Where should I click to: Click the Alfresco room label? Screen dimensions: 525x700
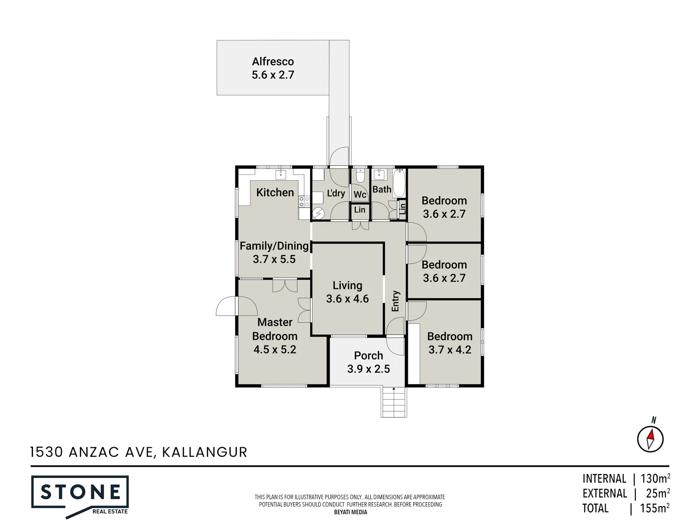click(273, 62)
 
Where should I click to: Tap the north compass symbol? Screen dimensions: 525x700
click(650, 438)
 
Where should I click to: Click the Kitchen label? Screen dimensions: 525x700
click(275, 192)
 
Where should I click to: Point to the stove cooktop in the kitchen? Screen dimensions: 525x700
click(304, 201)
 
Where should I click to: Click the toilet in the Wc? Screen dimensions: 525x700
click(360, 175)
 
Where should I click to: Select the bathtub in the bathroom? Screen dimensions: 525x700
click(399, 183)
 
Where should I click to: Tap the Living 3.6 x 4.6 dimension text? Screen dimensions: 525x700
click(347, 299)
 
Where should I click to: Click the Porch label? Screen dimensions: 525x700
click(368, 355)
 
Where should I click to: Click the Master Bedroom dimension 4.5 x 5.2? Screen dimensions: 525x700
click(275, 350)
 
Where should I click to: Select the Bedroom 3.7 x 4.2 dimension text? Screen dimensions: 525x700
click(450, 350)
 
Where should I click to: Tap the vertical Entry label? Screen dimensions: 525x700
click(395, 301)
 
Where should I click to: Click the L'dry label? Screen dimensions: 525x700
click(336, 193)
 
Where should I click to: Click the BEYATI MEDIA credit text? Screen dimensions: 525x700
click(350, 512)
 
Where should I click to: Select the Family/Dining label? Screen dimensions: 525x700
click(274, 246)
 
